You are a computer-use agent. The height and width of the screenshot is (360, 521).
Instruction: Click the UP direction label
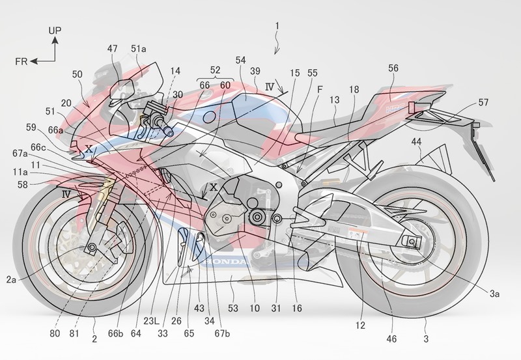[55, 31]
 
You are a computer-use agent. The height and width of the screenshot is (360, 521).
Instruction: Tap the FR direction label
[21, 61]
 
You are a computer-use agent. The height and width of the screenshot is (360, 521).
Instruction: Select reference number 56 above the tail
[393, 68]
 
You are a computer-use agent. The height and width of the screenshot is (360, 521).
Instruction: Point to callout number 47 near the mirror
[112, 48]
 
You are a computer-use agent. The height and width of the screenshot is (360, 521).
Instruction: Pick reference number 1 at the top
[277, 26]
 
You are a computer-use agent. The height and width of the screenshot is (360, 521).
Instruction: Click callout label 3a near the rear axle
[494, 293]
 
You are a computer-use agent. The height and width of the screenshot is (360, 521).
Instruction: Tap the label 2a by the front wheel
[11, 280]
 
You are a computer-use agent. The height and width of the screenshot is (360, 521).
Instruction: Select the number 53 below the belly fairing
[233, 308]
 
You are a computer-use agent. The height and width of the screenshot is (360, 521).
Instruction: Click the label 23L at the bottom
[152, 320]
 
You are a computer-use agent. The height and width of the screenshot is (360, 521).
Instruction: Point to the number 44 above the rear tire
[416, 142]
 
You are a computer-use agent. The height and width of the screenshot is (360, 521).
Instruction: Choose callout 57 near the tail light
[483, 102]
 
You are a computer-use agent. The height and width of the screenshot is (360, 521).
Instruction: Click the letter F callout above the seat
[320, 89]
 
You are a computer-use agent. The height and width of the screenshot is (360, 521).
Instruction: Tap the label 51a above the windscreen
[138, 49]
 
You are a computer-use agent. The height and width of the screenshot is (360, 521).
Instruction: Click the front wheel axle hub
[91, 247]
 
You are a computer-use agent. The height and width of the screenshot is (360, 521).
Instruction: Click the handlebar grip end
[170, 133]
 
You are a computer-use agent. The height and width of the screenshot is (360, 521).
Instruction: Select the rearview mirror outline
[122, 89]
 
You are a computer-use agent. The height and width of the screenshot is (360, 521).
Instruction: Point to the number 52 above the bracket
[216, 70]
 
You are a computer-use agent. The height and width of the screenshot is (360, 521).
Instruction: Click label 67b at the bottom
[222, 333]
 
